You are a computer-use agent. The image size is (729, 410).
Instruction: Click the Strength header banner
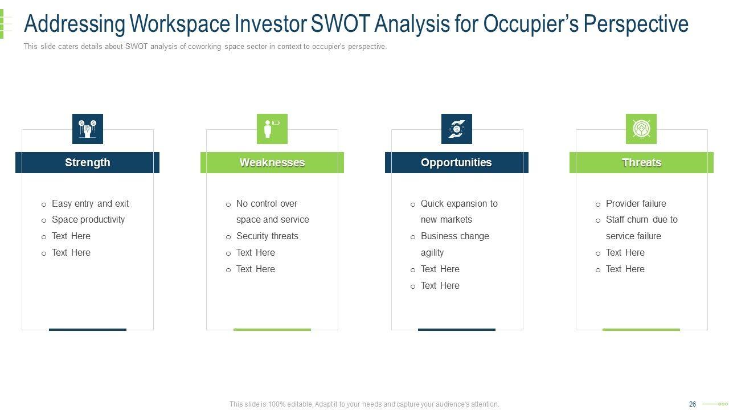87,162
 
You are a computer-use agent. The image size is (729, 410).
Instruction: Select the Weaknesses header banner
272,162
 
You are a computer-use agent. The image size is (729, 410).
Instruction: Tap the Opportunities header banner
457,162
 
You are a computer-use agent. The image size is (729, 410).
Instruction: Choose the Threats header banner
641,162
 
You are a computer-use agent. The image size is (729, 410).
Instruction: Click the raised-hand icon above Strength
88,129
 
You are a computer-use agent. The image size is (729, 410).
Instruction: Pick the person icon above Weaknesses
272,129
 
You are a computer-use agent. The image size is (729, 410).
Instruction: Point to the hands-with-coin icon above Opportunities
457,129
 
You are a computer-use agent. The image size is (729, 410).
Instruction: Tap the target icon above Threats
641,129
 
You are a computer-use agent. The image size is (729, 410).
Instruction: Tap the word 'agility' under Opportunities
432,253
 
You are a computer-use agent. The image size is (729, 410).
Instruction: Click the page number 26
692,404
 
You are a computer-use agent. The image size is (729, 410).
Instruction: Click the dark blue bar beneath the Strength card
88,330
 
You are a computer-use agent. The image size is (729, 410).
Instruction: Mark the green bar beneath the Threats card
641,330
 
